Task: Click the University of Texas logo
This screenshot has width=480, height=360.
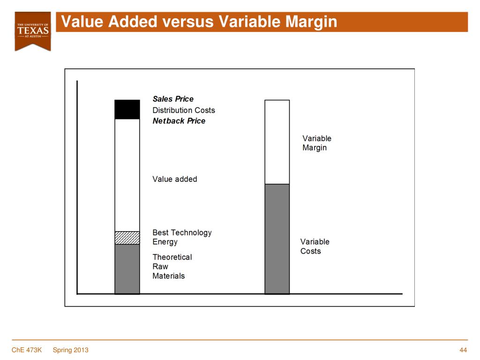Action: pos(33,30)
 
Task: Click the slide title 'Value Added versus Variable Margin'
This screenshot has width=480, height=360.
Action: pos(199,22)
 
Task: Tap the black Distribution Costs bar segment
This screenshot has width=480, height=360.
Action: pos(127,110)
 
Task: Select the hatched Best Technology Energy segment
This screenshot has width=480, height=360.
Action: pos(127,238)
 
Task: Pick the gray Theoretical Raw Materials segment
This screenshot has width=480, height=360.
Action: pos(127,269)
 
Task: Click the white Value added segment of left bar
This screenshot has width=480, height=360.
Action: pos(127,175)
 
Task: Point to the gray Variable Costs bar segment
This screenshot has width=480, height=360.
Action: pos(277,239)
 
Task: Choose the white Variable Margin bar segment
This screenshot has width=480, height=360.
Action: pos(277,142)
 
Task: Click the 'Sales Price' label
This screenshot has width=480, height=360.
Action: pos(173,99)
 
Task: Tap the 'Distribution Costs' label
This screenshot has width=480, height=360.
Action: pos(184,110)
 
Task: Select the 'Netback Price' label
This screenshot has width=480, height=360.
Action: pos(179,121)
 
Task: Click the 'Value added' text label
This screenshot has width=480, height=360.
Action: pos(175,179)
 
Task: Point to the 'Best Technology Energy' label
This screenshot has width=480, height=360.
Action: pos(182,237)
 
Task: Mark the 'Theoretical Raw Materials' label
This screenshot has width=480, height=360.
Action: pos(172,266)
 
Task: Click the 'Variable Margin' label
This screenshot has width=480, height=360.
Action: pos(316,143)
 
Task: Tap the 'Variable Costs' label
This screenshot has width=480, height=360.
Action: pos(315,247)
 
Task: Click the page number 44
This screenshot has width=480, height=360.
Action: pos(464,350)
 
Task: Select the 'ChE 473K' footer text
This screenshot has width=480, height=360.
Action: pos(27,350)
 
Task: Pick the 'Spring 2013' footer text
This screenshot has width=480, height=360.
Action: pos(70,350)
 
